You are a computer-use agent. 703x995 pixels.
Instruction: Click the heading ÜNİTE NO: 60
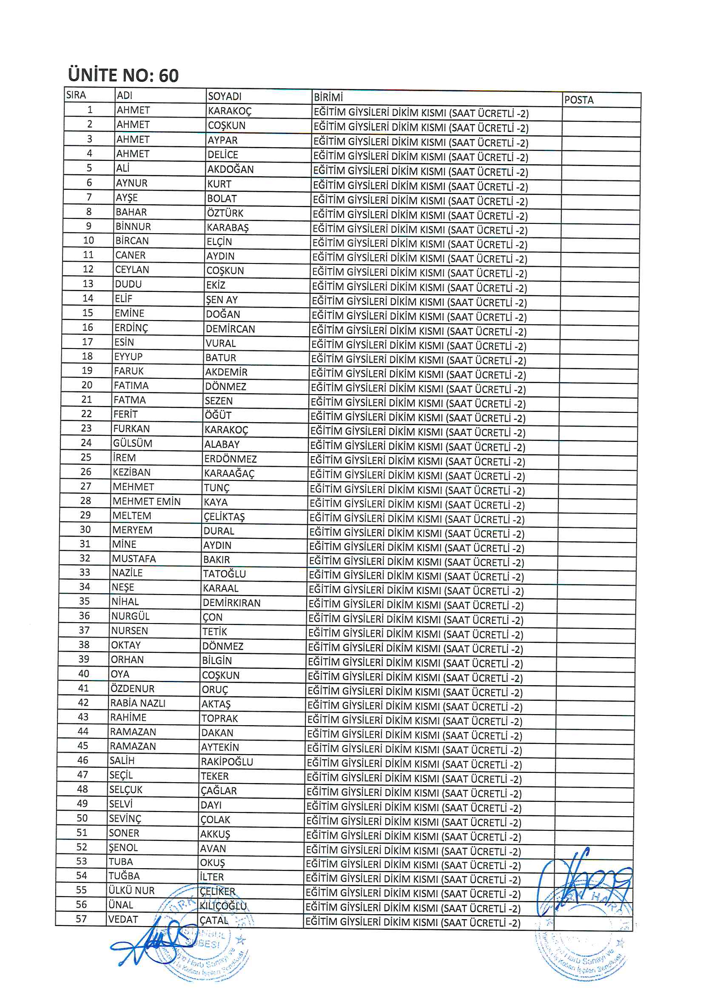pyautogui.click(x=123, y=75)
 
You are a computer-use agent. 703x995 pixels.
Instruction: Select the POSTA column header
pyautogui.click(x=578, y=100)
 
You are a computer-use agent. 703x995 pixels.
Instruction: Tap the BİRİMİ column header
pyautogui.click(x=328, y=97)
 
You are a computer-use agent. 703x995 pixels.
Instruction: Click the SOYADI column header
pyautogui.click(x=225, y=96)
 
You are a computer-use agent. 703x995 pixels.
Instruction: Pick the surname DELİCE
pyautogui.click(x=223, y=155)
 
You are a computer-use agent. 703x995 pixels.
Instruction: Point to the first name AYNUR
pyautogui.click(x=132, y=183)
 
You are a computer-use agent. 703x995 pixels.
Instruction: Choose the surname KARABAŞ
pyautogui.click(x=228, y=228)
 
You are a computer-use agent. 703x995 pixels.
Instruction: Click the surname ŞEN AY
pyautogui.click(x=222, y=300)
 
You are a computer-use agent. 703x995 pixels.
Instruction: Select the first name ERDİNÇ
pyautogui.click(x=131, y=328)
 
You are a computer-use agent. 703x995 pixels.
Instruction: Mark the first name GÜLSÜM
pyautogui.click(x=133, y=443)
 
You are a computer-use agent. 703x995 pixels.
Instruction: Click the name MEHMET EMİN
pyautogui.click(x=146, y=501)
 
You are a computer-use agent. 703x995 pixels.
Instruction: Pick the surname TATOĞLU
pyautogui.click(x=225, y=574)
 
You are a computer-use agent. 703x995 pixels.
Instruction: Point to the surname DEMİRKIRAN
pyautogui.click(x=232, y=603)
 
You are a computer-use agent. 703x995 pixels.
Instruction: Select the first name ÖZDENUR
pyautogui.click(x=133, y=689)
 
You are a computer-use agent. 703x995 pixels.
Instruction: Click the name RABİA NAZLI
pyautogui.click(x=138, y=703)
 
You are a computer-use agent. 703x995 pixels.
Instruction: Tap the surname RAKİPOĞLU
pyautogui.click(x=227, y=761)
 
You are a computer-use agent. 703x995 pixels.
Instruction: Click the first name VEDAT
pyautogui.click(x=123, y=919)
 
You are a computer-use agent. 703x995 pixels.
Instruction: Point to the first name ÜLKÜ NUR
pyautogui.click(x=131, y=890)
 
